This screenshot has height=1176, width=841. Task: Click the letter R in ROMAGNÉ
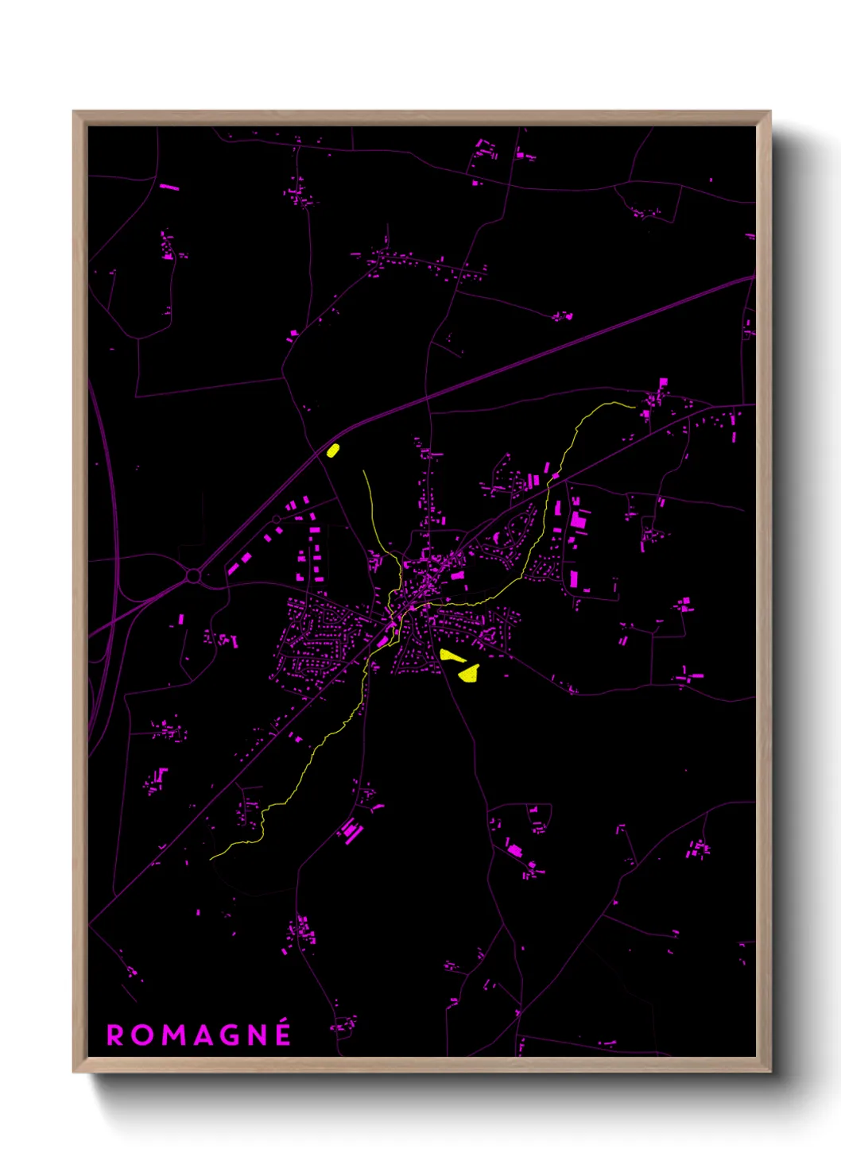coord(115,1035)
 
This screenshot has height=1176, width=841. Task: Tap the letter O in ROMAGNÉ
coord(142,1035)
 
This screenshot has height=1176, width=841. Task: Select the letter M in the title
coord(172,1035)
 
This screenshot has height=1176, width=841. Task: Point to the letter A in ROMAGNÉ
coord(203,1035)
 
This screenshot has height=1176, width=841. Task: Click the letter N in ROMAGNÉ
coord(258,1035)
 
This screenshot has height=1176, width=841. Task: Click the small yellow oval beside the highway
coord(333,451)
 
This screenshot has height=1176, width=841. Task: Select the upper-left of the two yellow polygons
coord(452,656)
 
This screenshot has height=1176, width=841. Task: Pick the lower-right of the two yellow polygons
coord(469,674)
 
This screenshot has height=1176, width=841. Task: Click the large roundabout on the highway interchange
coord(193,575)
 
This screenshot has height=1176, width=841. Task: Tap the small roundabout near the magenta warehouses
coord(276,519)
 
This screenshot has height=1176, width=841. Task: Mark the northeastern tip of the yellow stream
coord(634,407)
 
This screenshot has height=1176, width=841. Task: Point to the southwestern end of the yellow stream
coord(211,858)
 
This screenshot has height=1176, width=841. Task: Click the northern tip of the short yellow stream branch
coord(363,471)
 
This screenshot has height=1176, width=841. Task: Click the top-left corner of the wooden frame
coord(74,112)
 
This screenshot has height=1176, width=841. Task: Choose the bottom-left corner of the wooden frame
coord(74,1071)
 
